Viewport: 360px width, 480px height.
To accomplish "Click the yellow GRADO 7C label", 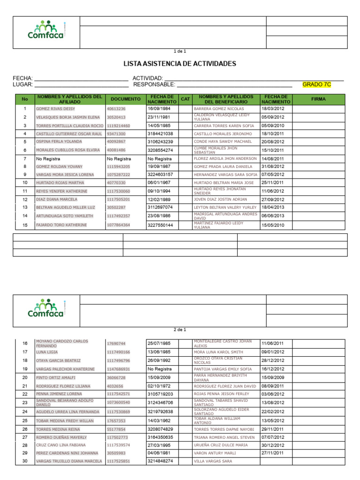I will tap(317, 84).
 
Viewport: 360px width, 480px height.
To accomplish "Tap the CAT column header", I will tap(186, 99).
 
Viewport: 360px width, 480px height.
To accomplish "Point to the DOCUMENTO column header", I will tap(125, 99).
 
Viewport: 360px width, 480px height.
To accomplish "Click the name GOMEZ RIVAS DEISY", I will tap(55, 109).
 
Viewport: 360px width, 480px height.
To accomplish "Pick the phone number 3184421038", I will tap(160, 134).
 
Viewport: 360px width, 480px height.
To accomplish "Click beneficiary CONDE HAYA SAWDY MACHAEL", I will tap(223, 142).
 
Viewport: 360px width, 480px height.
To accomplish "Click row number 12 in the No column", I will tap(25, 199).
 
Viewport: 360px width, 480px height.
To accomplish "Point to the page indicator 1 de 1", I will tap(180, 51).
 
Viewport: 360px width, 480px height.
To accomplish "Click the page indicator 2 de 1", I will tap(180, 330).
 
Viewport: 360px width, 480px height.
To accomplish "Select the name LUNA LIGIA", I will tap(47, 352).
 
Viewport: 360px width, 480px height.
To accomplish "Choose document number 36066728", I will tap(116, 377).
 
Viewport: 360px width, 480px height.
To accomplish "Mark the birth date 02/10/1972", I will tap(159, 386).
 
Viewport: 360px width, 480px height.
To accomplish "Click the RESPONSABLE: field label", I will tap(154, 84).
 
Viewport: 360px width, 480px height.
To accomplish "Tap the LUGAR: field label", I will tap(22, 84).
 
